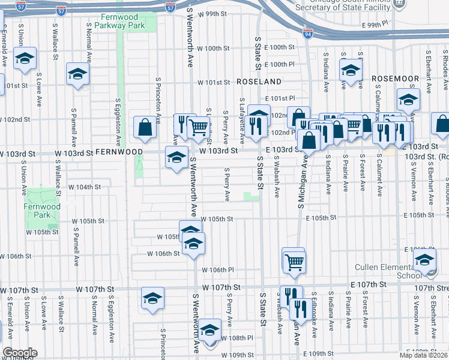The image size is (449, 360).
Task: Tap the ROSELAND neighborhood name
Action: pos(259,81)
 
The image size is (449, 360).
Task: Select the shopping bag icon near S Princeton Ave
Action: pos(145,127)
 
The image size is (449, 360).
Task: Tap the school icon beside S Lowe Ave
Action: pos(25,59)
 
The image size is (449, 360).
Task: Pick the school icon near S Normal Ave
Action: pos(77,74)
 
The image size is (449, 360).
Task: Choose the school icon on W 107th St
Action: pos(152,298)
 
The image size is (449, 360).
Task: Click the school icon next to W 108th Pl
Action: pos(209,330)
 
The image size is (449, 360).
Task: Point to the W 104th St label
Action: pos(84,187)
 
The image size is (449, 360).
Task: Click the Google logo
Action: pos(20,353)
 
